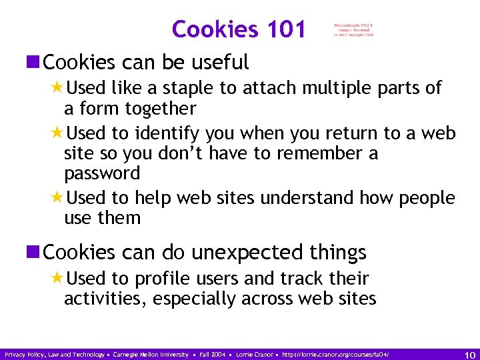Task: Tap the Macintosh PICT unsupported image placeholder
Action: (x=354, y=30)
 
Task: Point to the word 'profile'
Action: (x=163, y=278)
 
